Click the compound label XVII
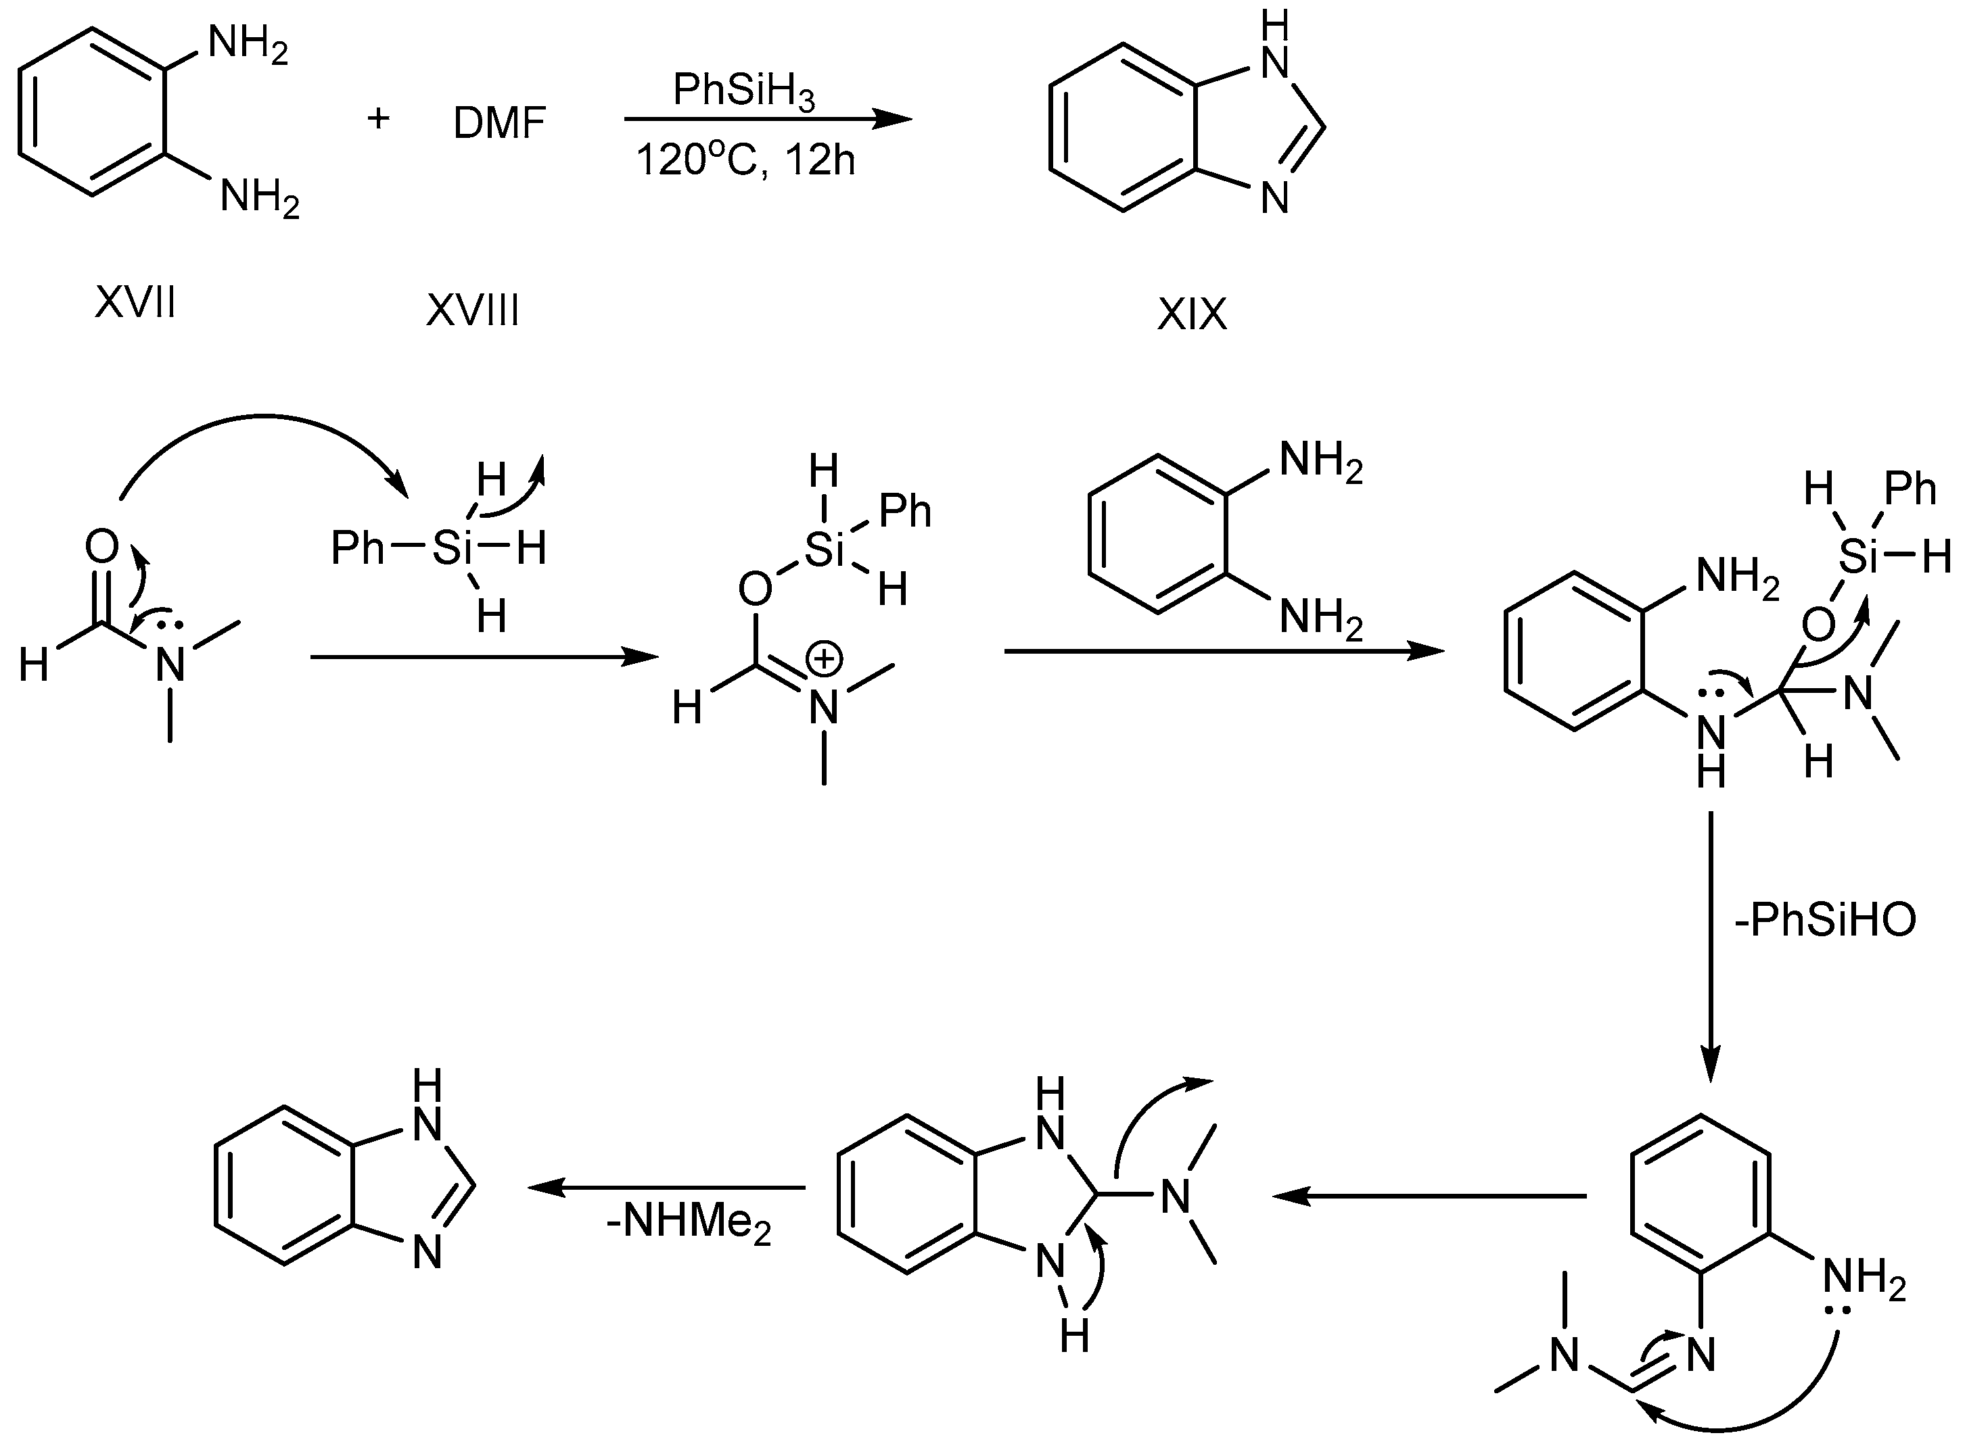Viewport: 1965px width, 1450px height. (x=135, y=304)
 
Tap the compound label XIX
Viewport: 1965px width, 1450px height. (x=1190, y=314)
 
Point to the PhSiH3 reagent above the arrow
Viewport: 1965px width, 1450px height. (x=743, y=91)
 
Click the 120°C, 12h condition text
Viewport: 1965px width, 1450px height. (x=745, y=162)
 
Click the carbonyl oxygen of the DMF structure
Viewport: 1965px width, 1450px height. (x=102, y=547)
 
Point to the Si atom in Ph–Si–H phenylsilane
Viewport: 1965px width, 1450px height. (x=452, y=550)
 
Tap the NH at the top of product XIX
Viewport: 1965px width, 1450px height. (x=1274, y=48)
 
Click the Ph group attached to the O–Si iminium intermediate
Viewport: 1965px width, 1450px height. (x=904, y=511)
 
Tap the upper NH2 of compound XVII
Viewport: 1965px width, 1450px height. (x=248, y=44)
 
